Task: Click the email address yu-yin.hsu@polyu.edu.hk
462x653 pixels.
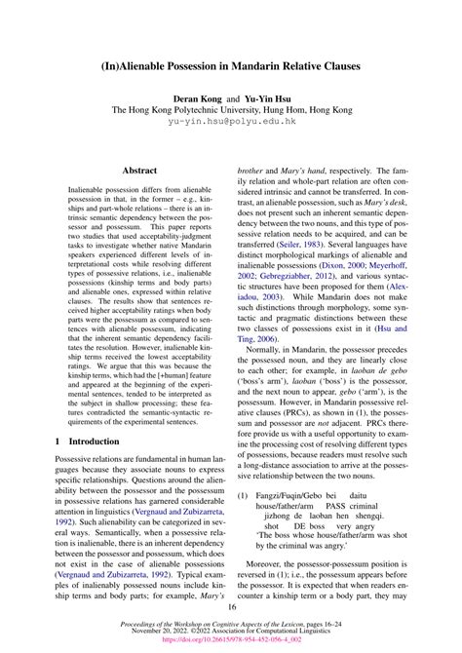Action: [x=231, y=123]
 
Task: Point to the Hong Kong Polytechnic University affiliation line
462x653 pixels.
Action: [x=231, y=111]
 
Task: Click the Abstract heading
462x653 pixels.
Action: [x=133, y=168]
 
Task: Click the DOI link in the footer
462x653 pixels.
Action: [x=231, y=643]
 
